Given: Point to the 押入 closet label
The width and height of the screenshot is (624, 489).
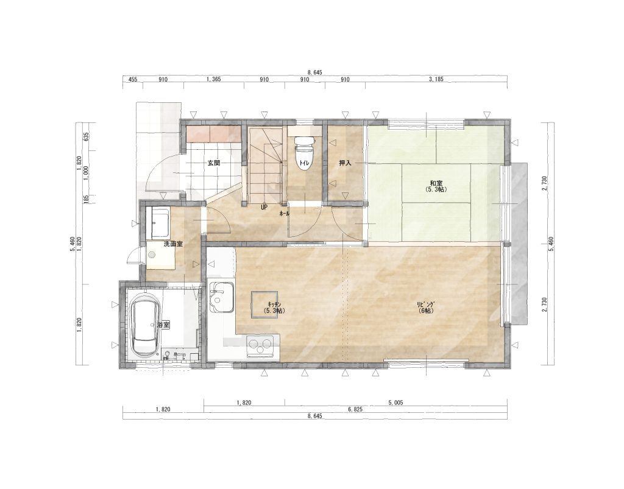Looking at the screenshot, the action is pos(344,163).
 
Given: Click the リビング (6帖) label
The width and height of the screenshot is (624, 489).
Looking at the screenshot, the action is pos(425,308).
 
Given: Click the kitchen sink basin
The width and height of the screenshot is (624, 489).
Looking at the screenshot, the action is pos(222,297).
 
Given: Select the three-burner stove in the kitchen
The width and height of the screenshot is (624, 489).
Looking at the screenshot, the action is pos(260,345).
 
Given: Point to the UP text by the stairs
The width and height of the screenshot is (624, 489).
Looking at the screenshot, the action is pos(264,207).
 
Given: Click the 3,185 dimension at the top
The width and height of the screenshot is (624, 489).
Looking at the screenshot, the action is pos(436,80).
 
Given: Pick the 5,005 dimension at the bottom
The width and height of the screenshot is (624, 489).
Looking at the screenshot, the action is pos(395,403).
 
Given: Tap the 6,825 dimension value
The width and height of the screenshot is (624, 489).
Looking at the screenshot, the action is pos(355,409).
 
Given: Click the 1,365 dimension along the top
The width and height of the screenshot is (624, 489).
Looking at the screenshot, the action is pos(213,80).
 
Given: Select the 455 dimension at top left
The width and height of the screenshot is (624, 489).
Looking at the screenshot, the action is pos(132,80).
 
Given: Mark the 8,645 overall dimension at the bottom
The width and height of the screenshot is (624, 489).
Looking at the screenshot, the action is pos(314,417).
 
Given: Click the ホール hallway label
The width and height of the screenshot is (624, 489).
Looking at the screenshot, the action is pos(285,214).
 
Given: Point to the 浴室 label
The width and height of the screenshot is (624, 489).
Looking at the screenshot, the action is pos(163,325).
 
